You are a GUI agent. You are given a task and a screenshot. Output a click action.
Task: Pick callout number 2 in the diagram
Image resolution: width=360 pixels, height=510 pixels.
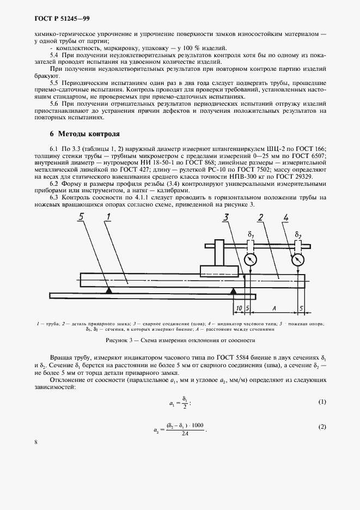pyautogui.click(x=261, y=219)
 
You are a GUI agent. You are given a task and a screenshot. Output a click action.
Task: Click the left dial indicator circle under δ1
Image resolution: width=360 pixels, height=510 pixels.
pyautogui.click(x=251, y=259)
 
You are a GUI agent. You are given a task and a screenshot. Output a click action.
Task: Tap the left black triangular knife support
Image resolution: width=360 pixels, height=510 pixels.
pyautogui.click(x=109, y=292)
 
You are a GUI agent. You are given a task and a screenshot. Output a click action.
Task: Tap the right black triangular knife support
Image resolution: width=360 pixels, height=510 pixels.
pyautogui.click(x=233, y=292)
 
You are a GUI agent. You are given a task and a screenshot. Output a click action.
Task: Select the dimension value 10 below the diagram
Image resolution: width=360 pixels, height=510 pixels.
pyautogui.click(x=238, y=308)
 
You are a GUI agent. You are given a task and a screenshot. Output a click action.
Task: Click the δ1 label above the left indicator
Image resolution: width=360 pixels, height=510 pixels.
pyautogui.click(x=251, y=236)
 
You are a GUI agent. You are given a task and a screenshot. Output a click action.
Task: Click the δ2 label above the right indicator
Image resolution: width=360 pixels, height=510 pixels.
pyautogui.click(x=297, y=236)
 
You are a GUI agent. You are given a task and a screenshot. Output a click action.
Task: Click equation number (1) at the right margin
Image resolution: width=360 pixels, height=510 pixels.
pyautogui.click(x=322, y=402)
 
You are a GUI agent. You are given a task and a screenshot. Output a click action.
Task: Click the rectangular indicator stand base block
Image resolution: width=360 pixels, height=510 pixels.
pyautogui.click(x=220, y=271)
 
